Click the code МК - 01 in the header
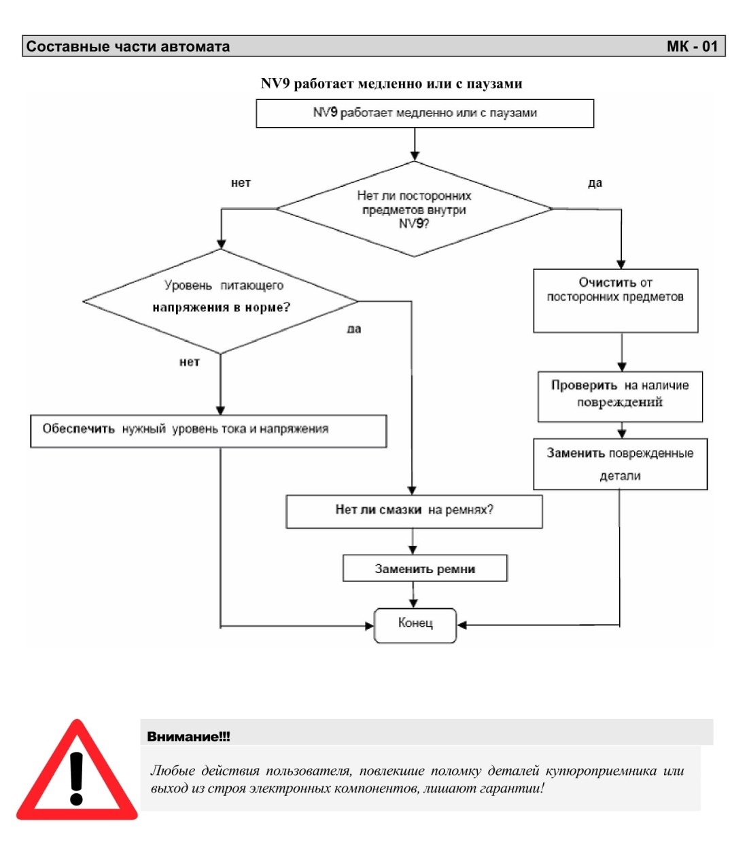(692, 46)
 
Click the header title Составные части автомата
(128, 46)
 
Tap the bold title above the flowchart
(391, 84)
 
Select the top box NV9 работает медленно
(425, 113)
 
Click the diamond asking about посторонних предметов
(414, 209)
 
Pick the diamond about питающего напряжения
(220, 301)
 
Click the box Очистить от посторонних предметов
(615, 300)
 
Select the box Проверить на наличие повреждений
(620, 396)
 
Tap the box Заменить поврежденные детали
(620, 464)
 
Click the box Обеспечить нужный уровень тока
(208, 431)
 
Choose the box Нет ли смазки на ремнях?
(414, 511)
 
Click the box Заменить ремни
(425, 568)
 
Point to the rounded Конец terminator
(415, 625)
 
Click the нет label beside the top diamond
(241, 183)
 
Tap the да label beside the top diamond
(595, 183)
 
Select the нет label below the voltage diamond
(190, 362)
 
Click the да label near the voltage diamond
(353, 328)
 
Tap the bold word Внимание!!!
(189, 736)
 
